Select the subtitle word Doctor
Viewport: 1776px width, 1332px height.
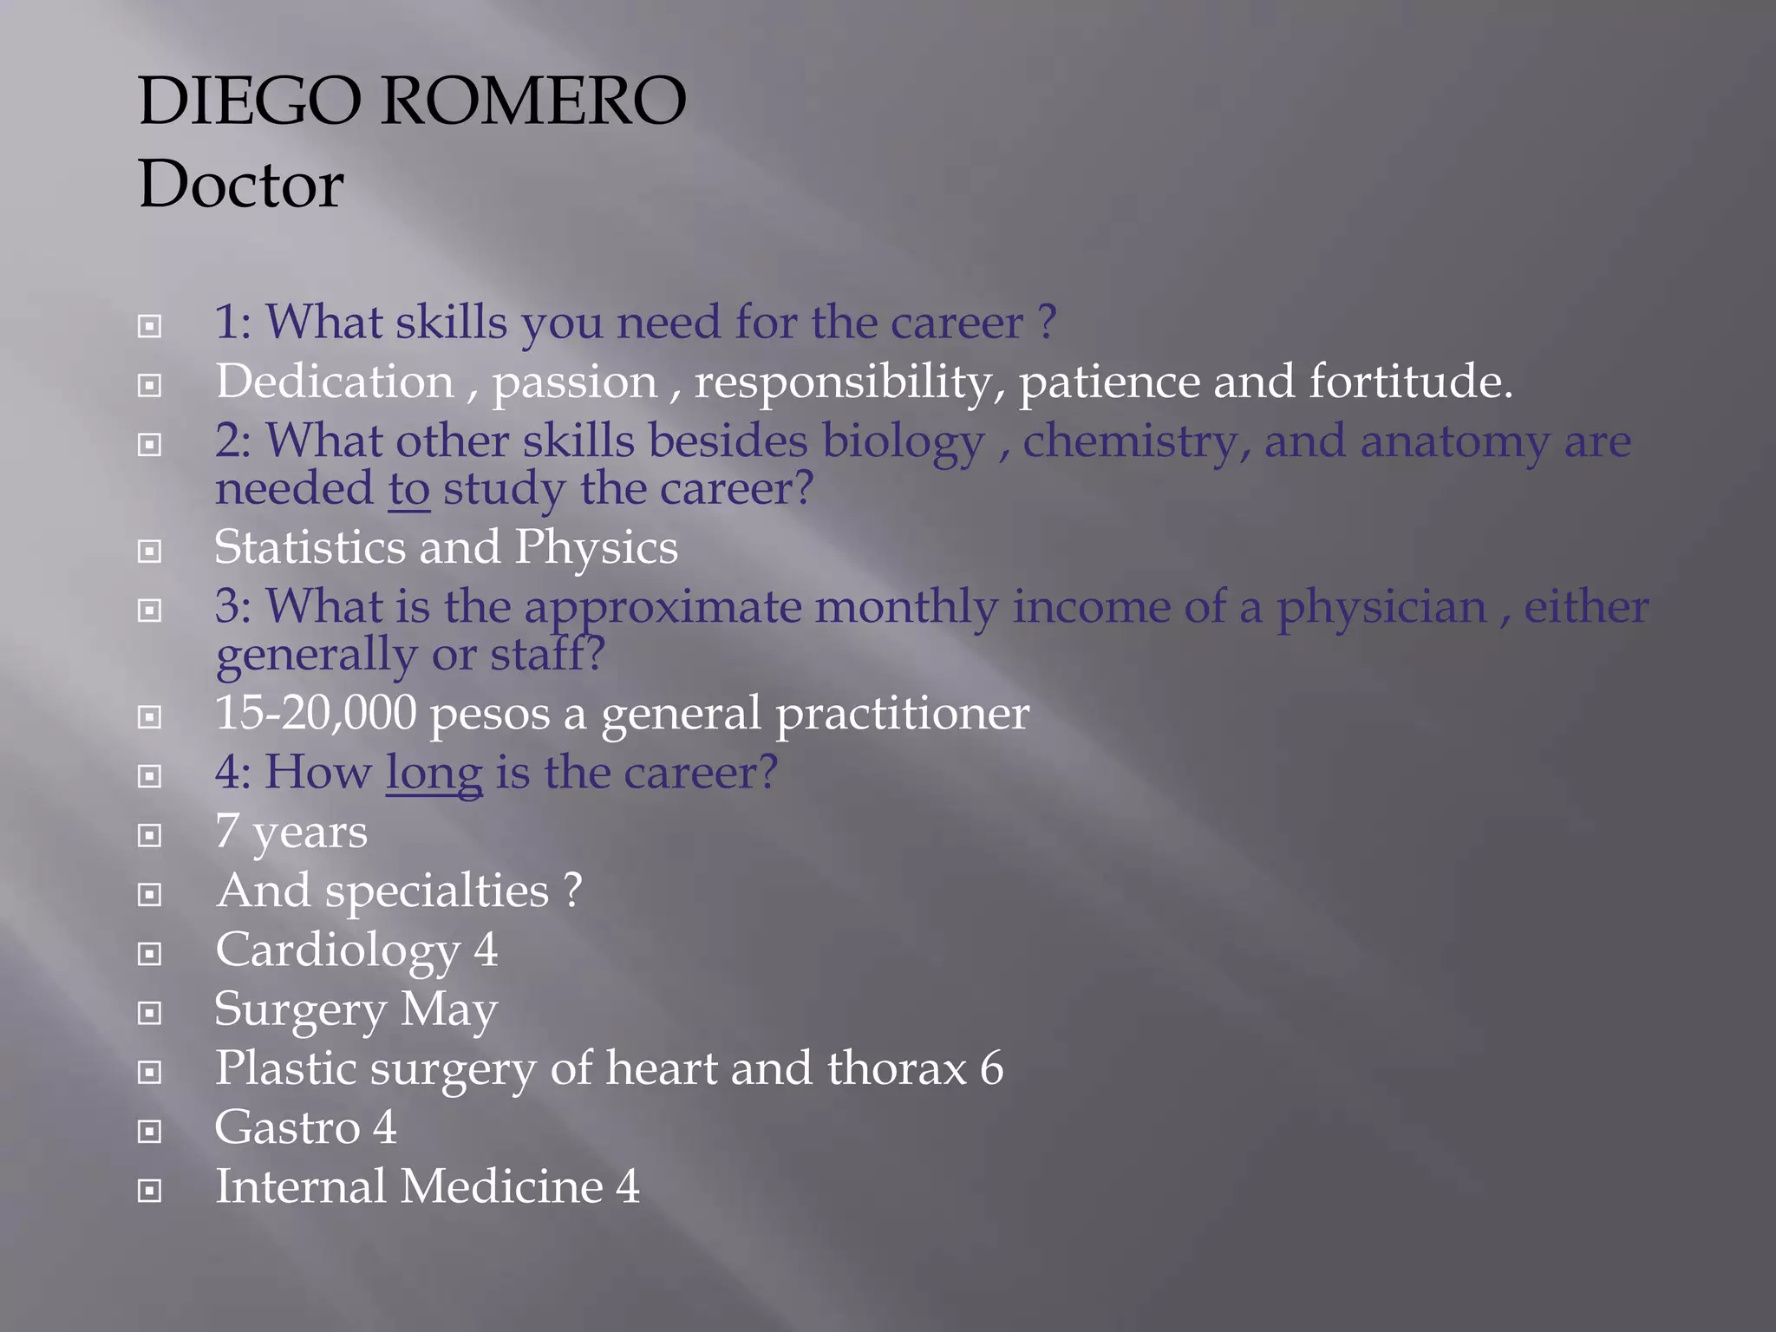point(241,185)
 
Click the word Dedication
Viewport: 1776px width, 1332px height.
point(335,382)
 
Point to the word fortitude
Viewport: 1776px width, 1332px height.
point(1410,382)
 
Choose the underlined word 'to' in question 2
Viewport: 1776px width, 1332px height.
point(408,489)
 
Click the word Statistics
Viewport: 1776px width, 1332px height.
point(310,547)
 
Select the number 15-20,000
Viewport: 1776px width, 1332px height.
point(316,713)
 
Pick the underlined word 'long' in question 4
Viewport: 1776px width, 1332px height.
point(434,774)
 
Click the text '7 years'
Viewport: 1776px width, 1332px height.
point(291,832)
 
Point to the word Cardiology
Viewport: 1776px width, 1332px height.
point(337,951)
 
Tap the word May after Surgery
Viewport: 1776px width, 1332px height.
point(448,1010)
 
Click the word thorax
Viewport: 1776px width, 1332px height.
point(897,1068)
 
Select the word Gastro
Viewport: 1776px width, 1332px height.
point(287,1127)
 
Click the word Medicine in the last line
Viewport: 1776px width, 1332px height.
point(501,1186)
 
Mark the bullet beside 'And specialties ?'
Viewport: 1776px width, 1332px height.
point(150,894)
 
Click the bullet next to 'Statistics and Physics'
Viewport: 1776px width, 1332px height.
point(150,552)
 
